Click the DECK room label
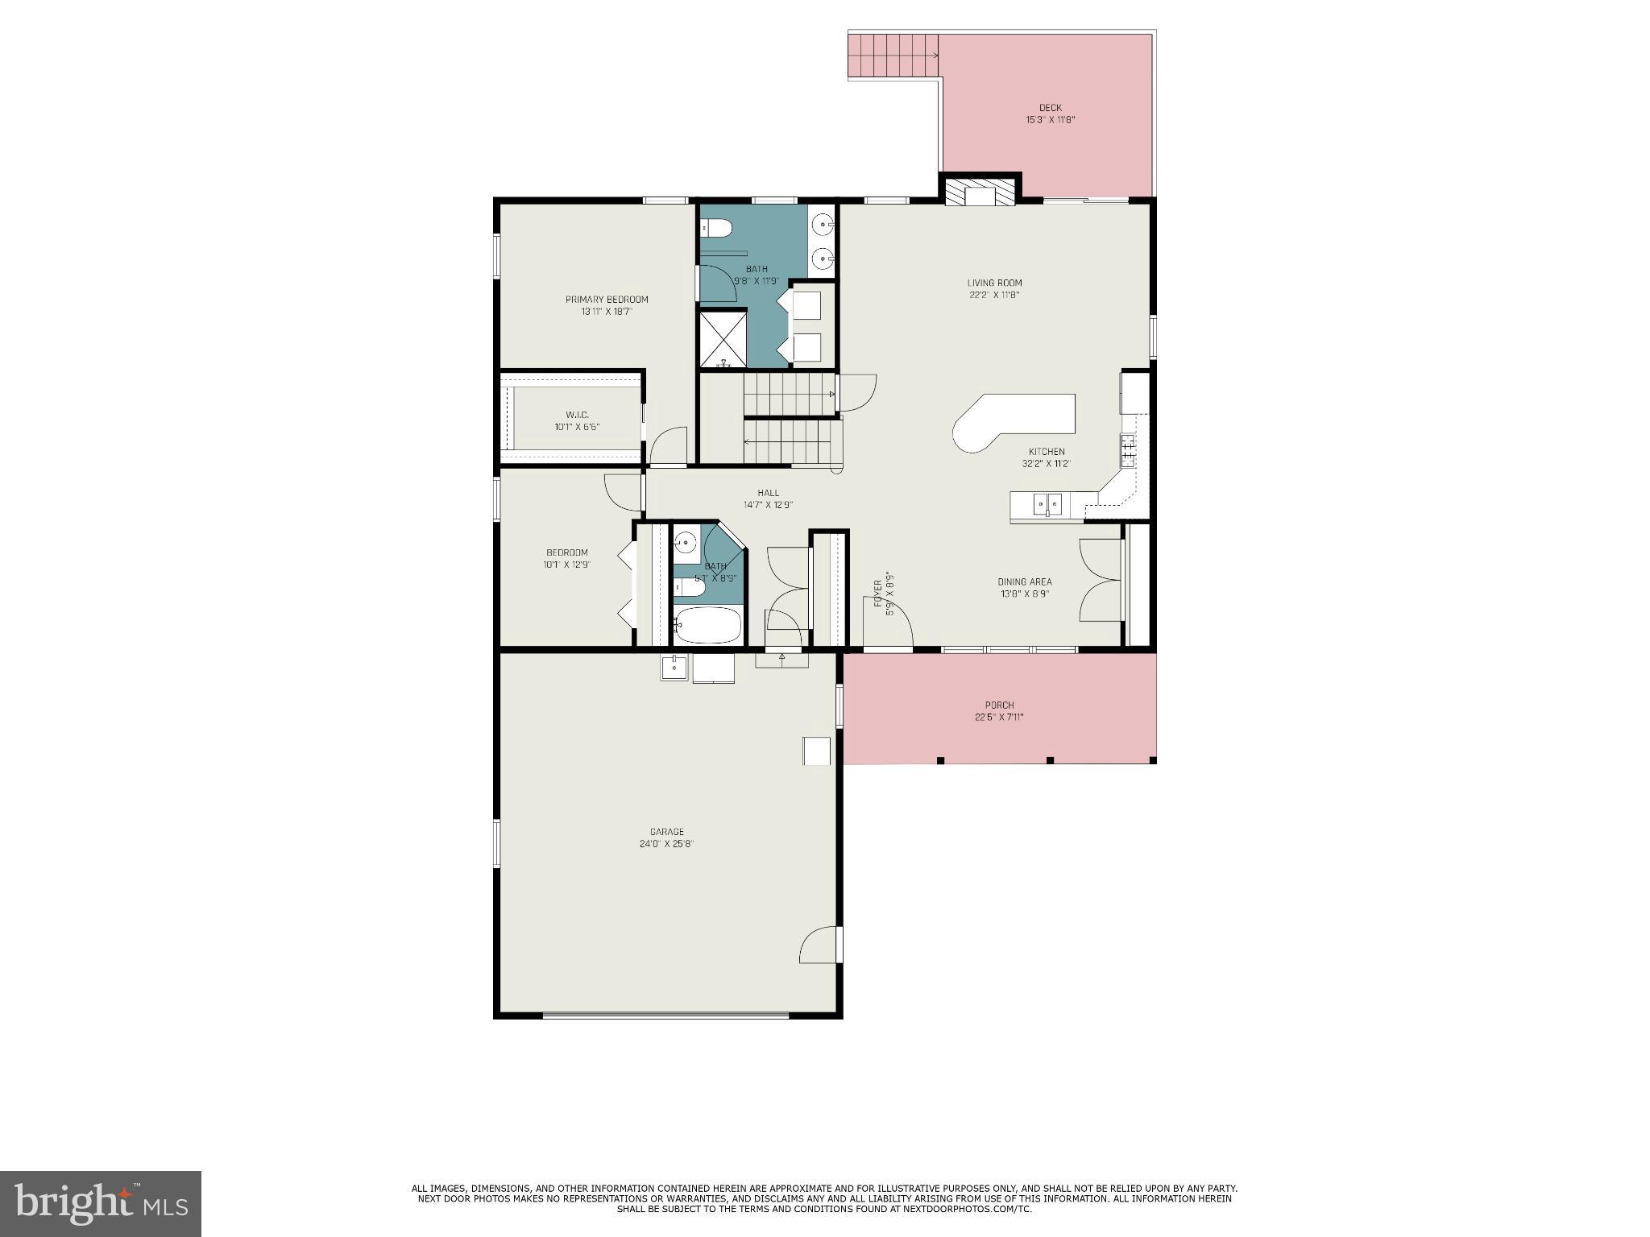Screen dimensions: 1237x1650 coord(1050,108)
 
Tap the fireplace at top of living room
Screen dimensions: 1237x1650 coord(980,193)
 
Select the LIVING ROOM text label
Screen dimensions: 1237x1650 coord(994,283)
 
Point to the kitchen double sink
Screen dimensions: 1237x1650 coord(1047,505)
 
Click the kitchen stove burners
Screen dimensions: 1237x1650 coord(1128,450)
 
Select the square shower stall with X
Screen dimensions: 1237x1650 coord(723,339)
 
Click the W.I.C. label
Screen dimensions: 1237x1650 coord(577,415)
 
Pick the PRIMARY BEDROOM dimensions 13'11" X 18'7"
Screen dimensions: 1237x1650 coord(607,312)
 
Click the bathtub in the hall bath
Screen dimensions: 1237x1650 coord(708,625)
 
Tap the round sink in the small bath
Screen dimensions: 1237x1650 coord(686,544)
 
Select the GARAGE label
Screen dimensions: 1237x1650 coord(667,832)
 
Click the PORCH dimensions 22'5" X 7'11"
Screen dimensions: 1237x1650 coord(999,718)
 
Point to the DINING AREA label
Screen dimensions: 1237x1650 coord(1025,581)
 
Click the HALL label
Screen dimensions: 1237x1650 coord(768,493)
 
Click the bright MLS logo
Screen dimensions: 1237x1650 coord(101,1203)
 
